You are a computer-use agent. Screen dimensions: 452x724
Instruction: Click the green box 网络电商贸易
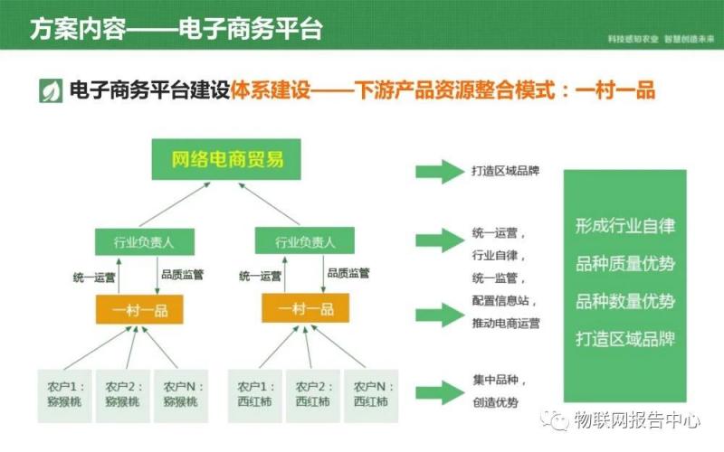click(227, 160)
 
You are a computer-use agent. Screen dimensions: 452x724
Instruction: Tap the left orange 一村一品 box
click(138, 310)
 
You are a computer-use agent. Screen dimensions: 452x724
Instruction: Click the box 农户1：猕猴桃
click(62, 394)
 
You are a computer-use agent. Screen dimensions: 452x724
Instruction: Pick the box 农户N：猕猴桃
click(178, 394)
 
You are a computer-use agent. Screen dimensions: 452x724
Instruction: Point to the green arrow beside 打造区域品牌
click(438, 170)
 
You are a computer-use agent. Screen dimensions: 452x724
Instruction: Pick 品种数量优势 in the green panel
click(624, 301)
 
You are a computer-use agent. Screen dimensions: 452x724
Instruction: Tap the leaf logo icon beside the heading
click(51, 91)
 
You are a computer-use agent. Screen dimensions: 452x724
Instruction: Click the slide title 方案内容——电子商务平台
click(176, 28)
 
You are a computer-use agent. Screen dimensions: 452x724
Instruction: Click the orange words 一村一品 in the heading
click(614, 91)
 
